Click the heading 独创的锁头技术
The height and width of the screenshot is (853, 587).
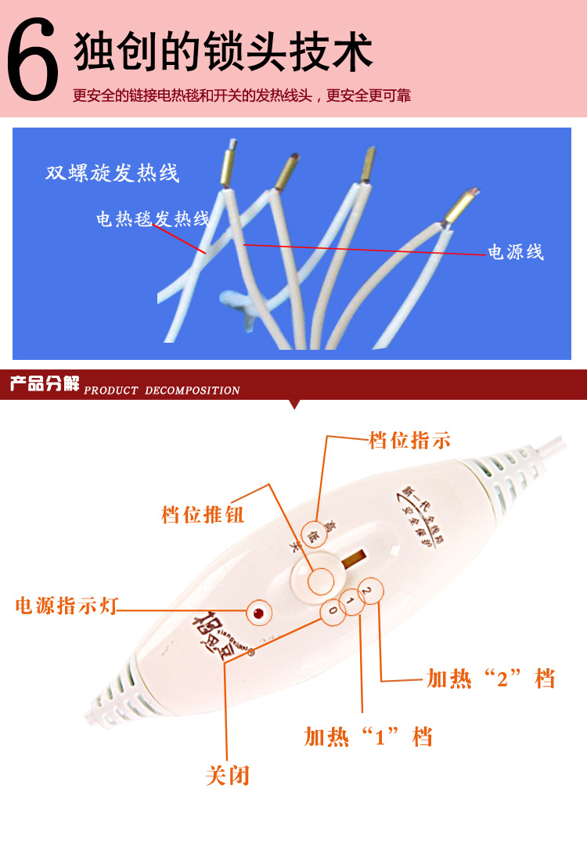tap(223, 53)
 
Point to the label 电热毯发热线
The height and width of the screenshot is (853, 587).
tap(153, 219)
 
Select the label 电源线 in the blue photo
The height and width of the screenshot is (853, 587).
tap(515, 252)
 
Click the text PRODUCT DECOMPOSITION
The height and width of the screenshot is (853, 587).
tap(162, 391)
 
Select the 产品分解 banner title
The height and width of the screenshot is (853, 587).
tap(45, 384)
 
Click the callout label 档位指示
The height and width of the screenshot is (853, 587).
tap(409, 440)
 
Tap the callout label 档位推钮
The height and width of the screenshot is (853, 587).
tap(203, 515)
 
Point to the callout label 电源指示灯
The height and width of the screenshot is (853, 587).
tap(66, 606)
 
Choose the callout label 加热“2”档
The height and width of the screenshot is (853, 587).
tap(491, 678)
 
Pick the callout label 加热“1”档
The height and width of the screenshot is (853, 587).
tap(368, 736)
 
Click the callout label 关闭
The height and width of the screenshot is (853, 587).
tap(227, 776)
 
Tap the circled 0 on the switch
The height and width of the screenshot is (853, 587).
tap(333, 610)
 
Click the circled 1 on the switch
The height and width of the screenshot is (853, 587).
tap(351, 600)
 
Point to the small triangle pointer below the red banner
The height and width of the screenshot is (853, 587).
tap(294, 404)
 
